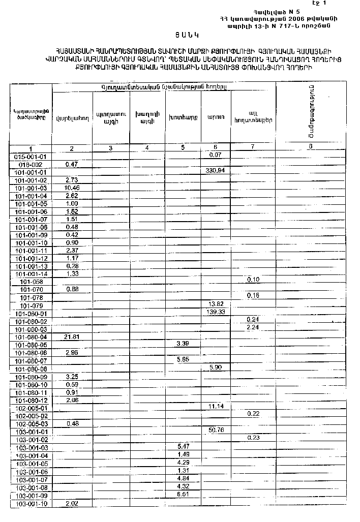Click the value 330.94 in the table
[x=216, y=170]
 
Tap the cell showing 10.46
[x=72, y=188]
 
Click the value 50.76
[x=216, y=429]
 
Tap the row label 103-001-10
[x=32, y=504]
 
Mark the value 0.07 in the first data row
[x=216, y=155]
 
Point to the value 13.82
[x=216, y=303]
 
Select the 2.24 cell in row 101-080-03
[x=253, y=327]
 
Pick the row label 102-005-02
[x=32, y=415]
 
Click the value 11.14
[x=216, y=407]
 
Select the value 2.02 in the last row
[x=72, y=503]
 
